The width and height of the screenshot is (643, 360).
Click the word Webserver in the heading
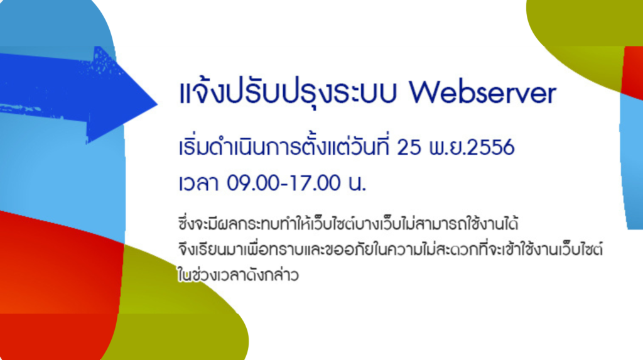483,93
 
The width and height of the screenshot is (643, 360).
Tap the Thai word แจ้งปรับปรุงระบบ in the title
288,92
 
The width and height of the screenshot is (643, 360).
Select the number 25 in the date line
409,148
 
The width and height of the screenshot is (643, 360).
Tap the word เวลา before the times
199,183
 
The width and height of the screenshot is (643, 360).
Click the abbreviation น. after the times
357,183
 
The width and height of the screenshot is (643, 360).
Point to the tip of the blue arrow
158,104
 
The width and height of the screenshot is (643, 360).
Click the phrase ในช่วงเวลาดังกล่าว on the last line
239,275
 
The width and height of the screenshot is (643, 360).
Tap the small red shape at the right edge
632,72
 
